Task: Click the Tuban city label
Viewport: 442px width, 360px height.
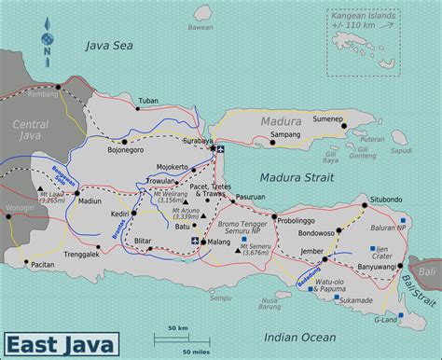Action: (x=148, y=100)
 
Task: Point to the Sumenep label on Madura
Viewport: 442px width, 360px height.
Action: (x=327, y=119)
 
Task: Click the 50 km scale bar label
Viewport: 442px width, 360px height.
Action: (x=179, y=328)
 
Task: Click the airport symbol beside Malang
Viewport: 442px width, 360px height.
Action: (x=194, y=242)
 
